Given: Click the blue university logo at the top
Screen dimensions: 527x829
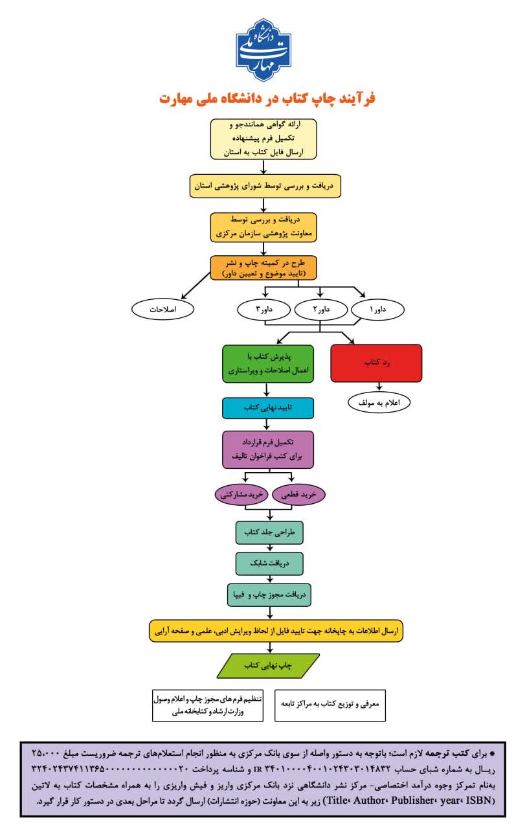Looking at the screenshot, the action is [x=263, y=50].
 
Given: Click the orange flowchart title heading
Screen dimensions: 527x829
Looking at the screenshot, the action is [x=267, y=99].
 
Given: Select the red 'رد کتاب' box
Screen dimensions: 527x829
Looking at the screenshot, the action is [x=376, y=363].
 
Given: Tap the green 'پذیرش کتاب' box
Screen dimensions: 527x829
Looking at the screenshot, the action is [x=268, y=364].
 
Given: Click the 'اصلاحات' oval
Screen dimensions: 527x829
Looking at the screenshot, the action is [x=163, y=310].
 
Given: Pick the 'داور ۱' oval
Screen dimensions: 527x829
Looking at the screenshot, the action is [x=377, y=310].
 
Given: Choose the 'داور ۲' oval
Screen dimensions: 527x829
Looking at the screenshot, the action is [x=321, y=310].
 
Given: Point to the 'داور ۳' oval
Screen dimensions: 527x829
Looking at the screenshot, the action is [x=263, y=310].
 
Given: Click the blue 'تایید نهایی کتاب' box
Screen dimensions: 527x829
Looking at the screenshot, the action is [x=268, y=408].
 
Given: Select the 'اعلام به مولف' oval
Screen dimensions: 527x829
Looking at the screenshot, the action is [x=379, y=403].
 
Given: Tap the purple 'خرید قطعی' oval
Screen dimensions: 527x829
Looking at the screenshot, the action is [x=298, y=494].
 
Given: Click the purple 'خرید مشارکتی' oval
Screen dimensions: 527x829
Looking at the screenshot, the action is [x=241, y=494].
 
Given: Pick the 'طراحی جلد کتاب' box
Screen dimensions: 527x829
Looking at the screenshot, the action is [x=269, y=532].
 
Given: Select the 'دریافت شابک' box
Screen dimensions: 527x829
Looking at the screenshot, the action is [x=269, y=563].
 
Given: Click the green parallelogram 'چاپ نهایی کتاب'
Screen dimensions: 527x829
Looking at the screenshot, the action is [x=268, y=666].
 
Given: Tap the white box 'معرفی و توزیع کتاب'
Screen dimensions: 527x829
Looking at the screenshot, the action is [x=330, y=705].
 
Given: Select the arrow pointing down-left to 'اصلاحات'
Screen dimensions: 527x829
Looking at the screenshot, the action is [x=196, y=286].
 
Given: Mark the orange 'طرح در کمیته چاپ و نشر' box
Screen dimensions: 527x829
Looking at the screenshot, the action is [x=263, y=267].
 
